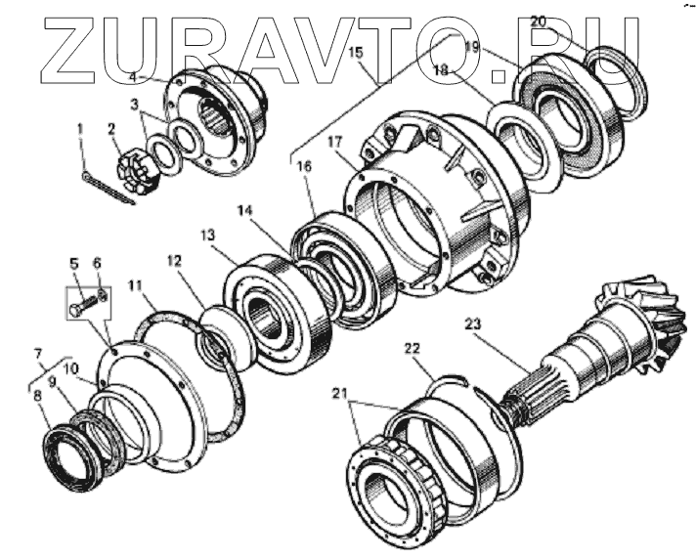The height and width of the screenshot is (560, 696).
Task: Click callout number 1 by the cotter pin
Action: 82,127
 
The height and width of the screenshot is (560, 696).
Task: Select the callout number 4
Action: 134,77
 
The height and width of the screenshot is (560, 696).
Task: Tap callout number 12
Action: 174,262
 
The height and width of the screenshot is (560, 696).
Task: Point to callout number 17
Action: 335,143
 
